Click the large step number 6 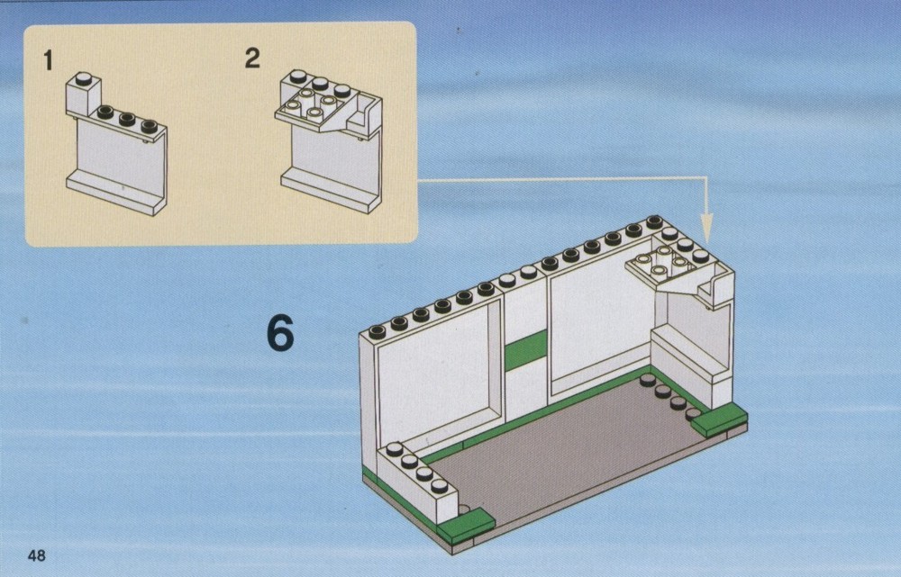pyautogui.click(x=280, y=334)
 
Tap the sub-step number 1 pyautogui.click(x=49, y=60)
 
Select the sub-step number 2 pyautogui.click(x=252, y=58)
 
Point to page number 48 pyautogui.click(x=36, y=555)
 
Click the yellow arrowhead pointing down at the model pyautogui.click(x=706, y=228)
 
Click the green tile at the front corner pyautogui.click(x=466, y=526)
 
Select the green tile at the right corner pyautogui.click(x=719, y=419)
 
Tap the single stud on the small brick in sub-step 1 pyautogui.click(x=83, y=78)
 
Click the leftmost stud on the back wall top pyautogui.click(x=377, y=331)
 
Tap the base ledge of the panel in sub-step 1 pyautogui.click(x=116, y=192)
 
